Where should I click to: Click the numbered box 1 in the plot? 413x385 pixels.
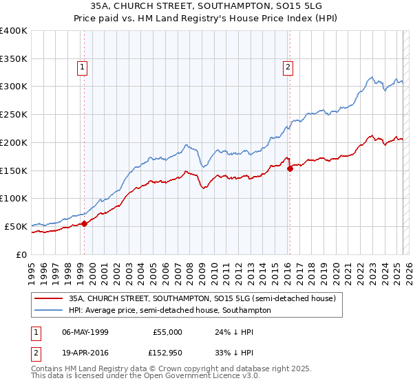click(82, 67)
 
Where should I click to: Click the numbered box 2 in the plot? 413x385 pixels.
click(287, 67)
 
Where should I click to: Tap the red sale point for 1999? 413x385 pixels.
click(84, 223)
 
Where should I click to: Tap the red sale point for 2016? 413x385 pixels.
click(290, 168)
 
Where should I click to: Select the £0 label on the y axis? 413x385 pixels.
click(21, 254)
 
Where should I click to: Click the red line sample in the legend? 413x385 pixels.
click(47, 299)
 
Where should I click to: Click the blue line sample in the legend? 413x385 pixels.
click(47, 311)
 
